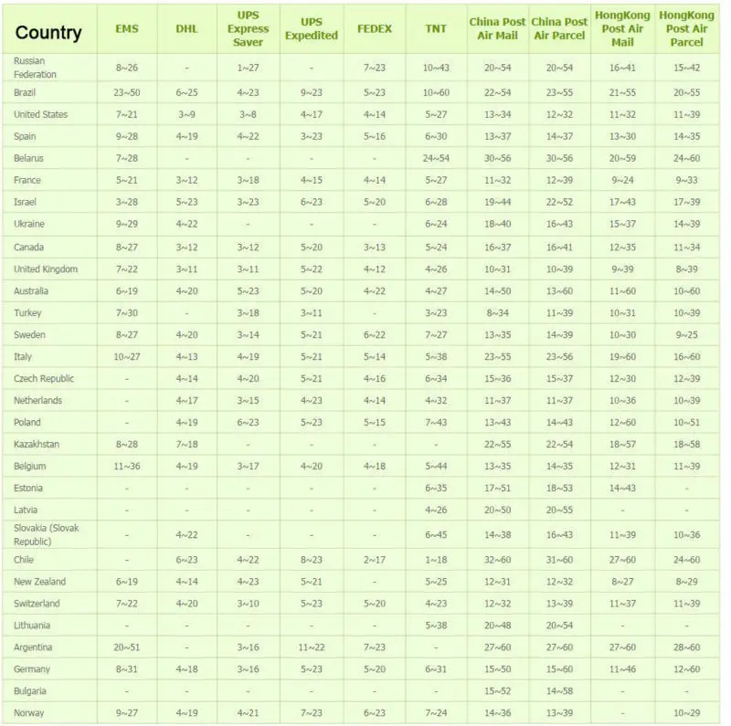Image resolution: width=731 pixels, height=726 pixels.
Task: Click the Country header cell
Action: tap(48, 34)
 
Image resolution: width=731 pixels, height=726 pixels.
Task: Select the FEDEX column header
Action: tap(374, 29)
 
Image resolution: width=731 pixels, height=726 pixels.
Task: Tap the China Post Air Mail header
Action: tap(498, 29)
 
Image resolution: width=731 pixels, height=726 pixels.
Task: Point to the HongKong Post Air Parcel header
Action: tap(687, 29)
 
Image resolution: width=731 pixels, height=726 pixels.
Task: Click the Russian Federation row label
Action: tap(35, 68)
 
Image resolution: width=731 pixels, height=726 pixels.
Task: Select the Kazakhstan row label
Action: tap(37, 444)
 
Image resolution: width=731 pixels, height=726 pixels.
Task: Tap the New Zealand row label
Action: tap(39, 582)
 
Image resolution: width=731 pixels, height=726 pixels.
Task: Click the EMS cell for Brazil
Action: tap(126, 93)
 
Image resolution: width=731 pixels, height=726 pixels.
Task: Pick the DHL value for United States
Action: tap(186, 115)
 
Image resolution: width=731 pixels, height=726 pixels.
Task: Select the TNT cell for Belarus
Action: tap(436, 159)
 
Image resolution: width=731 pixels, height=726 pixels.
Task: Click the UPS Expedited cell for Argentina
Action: tap(311, 647)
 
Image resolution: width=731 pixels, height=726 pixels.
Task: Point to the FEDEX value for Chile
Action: tap(374, 560)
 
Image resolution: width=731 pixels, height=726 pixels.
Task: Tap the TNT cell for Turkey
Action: tap(436, 313)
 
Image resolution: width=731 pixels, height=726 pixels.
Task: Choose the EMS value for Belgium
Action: tap(126, 466)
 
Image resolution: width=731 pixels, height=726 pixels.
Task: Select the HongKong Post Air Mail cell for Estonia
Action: tap(622, 488)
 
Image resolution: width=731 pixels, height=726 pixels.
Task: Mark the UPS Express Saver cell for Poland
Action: tap(248, 422)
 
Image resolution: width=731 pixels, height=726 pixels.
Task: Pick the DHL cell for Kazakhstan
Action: tap(186, 444)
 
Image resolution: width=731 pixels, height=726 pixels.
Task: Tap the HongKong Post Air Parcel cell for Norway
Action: tap(687, 713)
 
